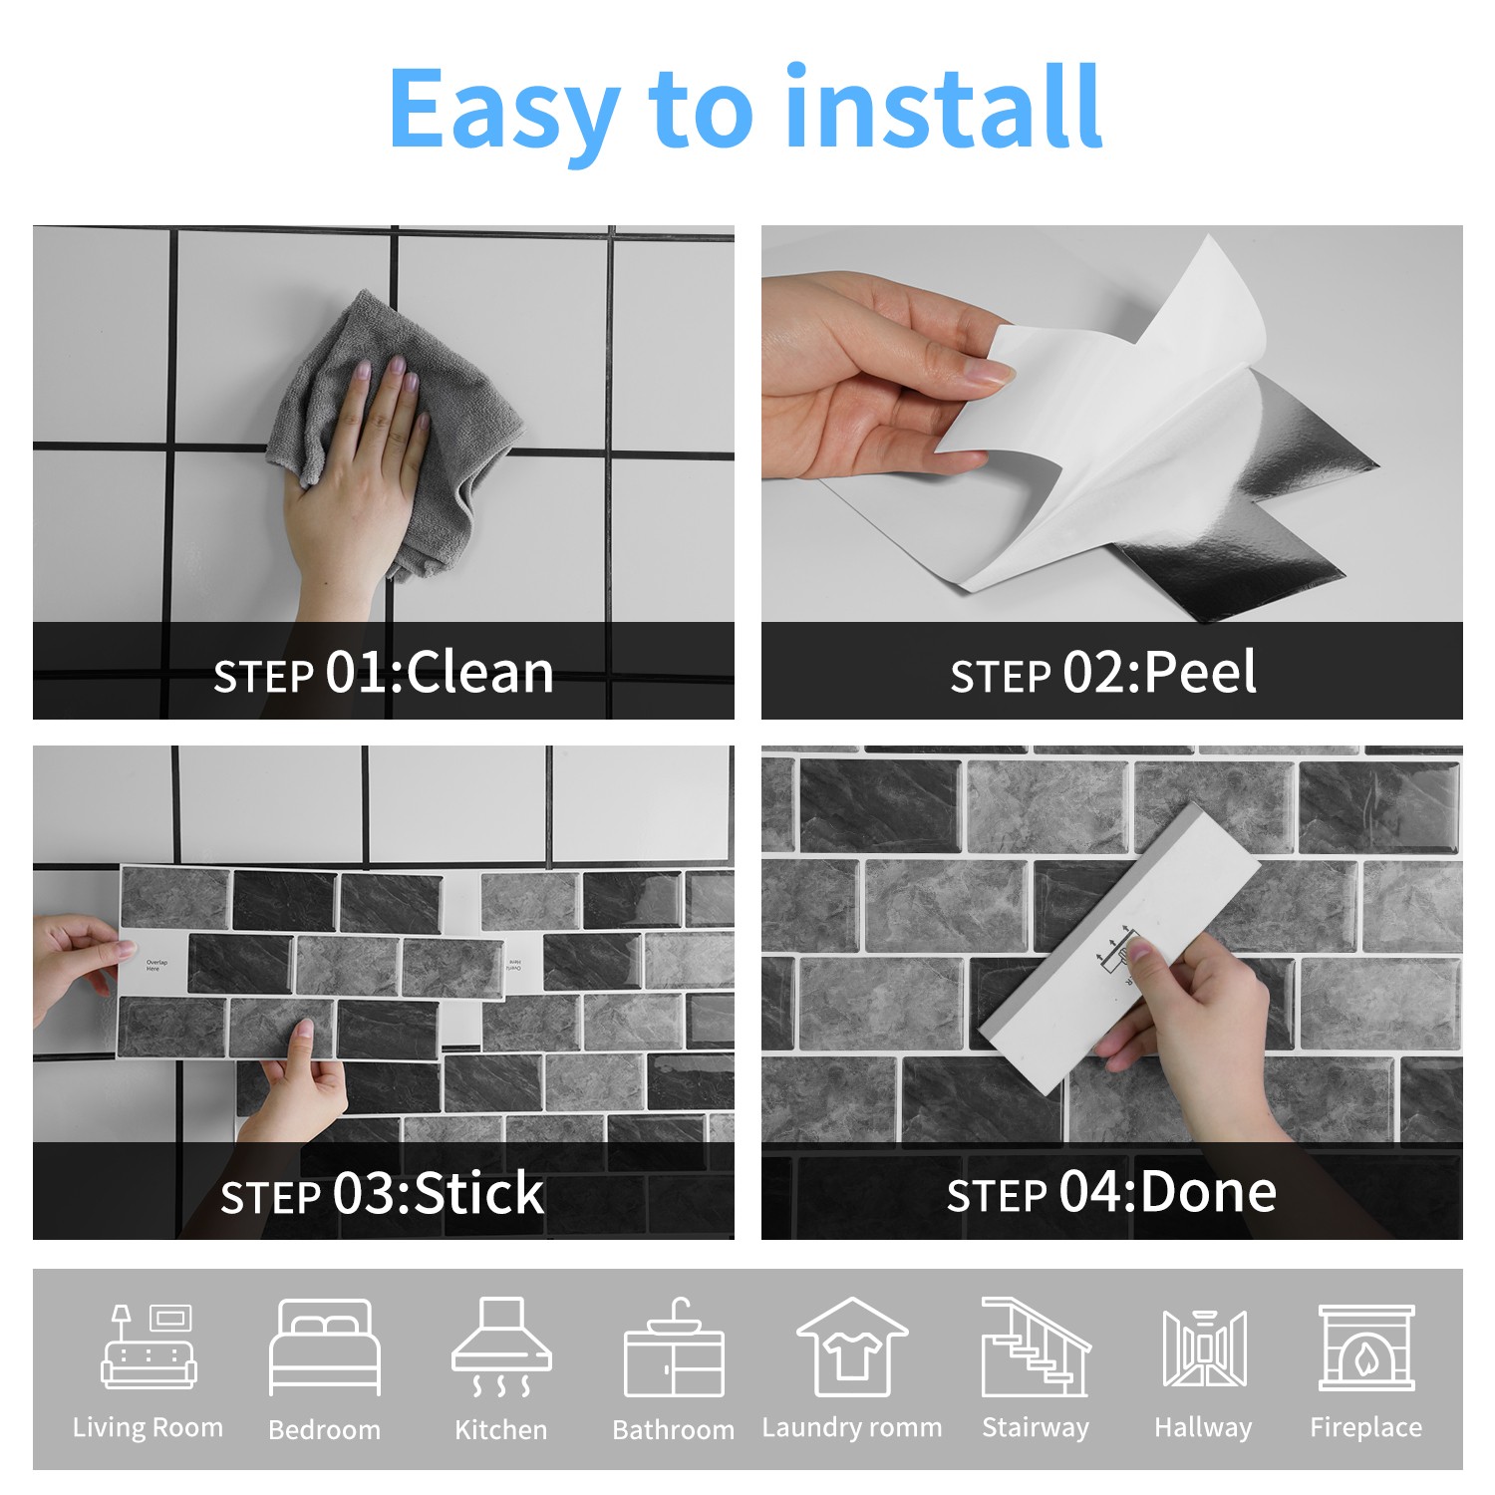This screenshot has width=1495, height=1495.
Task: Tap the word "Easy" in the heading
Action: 503,111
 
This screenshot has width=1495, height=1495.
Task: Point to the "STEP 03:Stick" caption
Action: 383,1193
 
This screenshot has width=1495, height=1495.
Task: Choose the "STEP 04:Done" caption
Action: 1111,1192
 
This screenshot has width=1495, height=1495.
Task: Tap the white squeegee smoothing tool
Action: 1121,947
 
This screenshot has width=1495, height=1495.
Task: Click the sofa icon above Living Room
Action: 149,1346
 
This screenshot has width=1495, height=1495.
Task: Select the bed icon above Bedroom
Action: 325,1347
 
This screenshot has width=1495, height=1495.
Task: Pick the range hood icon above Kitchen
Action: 501,1346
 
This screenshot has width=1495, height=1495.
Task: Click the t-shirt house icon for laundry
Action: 852,1346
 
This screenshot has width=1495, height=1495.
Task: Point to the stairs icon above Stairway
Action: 1036,1346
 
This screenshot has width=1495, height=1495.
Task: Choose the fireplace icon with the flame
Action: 1366,1347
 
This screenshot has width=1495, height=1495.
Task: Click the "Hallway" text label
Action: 1203,1428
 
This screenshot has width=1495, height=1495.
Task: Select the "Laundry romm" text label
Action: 852,1427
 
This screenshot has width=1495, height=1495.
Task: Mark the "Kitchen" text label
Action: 501,1429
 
